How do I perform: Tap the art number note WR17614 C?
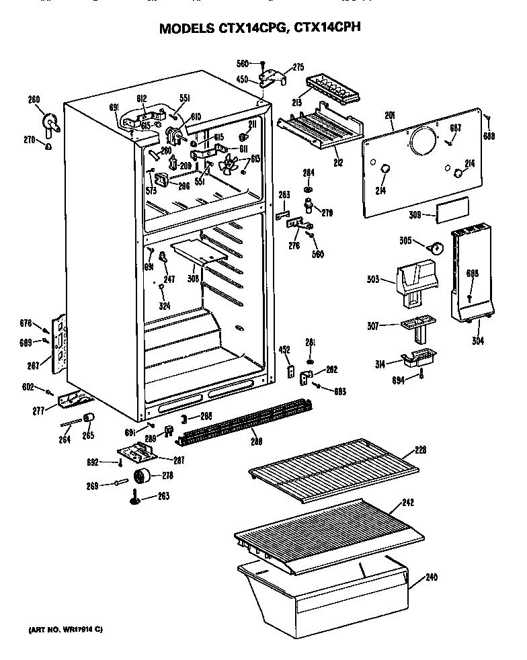click(x=65, y=630)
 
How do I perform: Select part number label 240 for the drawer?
click(x=431, y=577)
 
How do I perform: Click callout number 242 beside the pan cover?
click(x=426, y=502)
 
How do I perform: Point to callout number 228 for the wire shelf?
click(x=421, y=450)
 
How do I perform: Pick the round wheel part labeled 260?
click(x=50, y=122)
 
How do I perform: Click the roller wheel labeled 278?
click(x=142, y=477)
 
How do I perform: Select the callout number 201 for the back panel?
click(x=389, y=116)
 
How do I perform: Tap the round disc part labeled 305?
click(x=438, y=248)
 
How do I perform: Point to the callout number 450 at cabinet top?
click(x=243, y=80)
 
